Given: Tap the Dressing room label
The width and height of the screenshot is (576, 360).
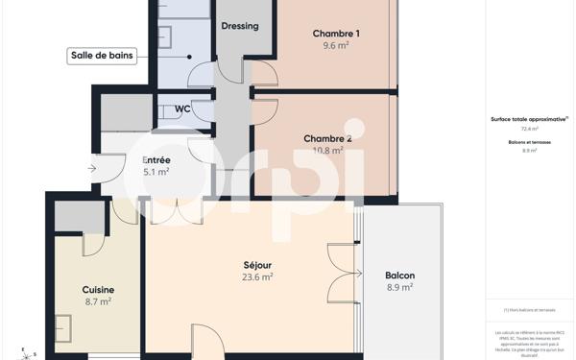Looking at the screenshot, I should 239,26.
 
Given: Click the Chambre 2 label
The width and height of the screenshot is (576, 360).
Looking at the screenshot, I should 327,138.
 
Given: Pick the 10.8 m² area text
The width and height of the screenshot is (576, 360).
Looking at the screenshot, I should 328,151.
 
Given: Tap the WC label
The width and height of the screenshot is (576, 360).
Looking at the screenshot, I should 181,108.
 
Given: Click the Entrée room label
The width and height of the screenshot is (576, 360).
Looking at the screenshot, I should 156,160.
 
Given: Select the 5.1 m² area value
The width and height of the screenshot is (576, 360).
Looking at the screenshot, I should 156,172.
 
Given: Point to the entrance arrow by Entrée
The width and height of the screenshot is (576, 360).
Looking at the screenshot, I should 91,169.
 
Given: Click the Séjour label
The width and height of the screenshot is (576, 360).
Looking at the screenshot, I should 257,265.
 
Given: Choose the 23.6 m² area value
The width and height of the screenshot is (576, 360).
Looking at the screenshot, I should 257,276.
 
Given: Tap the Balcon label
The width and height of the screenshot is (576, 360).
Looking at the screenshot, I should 399,276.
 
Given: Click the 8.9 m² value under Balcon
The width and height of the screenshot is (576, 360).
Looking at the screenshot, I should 399,287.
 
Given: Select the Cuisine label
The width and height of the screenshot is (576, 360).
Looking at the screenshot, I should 98,290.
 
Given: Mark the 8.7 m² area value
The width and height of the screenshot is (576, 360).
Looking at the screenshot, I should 98,301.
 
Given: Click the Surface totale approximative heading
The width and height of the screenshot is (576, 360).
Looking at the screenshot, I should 529,119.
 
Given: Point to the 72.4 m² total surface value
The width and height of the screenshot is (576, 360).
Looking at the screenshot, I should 529,129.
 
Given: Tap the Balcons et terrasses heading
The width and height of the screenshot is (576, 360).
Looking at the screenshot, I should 529,142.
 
